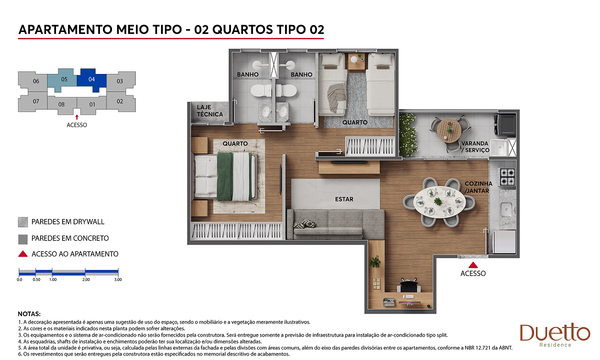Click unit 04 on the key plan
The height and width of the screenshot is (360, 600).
pos(91,79)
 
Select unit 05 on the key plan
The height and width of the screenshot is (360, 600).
pos(64,79)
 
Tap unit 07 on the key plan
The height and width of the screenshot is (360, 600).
pos(36,101)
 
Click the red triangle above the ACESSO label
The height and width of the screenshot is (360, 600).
pos(473,265)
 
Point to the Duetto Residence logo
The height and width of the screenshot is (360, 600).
pos(555,335)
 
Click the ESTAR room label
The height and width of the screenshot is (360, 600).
pos(344,199)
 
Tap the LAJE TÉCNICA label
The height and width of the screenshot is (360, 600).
pos(209,110)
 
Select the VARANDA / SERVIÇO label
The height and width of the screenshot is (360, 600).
pos(475,147)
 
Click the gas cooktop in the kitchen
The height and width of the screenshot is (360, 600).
pos(507,177)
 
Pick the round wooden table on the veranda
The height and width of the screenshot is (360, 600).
pos(449,130)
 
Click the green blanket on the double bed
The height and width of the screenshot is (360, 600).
pos(225,177)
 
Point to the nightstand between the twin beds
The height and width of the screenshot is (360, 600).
pos(356,61)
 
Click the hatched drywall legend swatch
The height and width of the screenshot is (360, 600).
pos(23,222)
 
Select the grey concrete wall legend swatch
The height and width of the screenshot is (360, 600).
pos(23,239)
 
